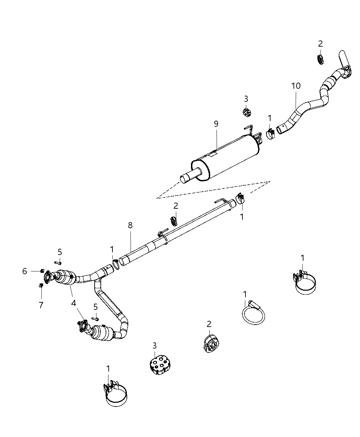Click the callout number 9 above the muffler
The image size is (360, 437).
coord(216,124)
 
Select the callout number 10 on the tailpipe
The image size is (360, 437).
coord(296,86)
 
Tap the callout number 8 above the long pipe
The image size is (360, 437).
coord(130,225)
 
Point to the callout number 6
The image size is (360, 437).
coord(25,271)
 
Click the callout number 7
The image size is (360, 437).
coord(41,305)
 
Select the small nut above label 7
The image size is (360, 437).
coord(41,285)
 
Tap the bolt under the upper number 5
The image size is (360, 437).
coord(58,263)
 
